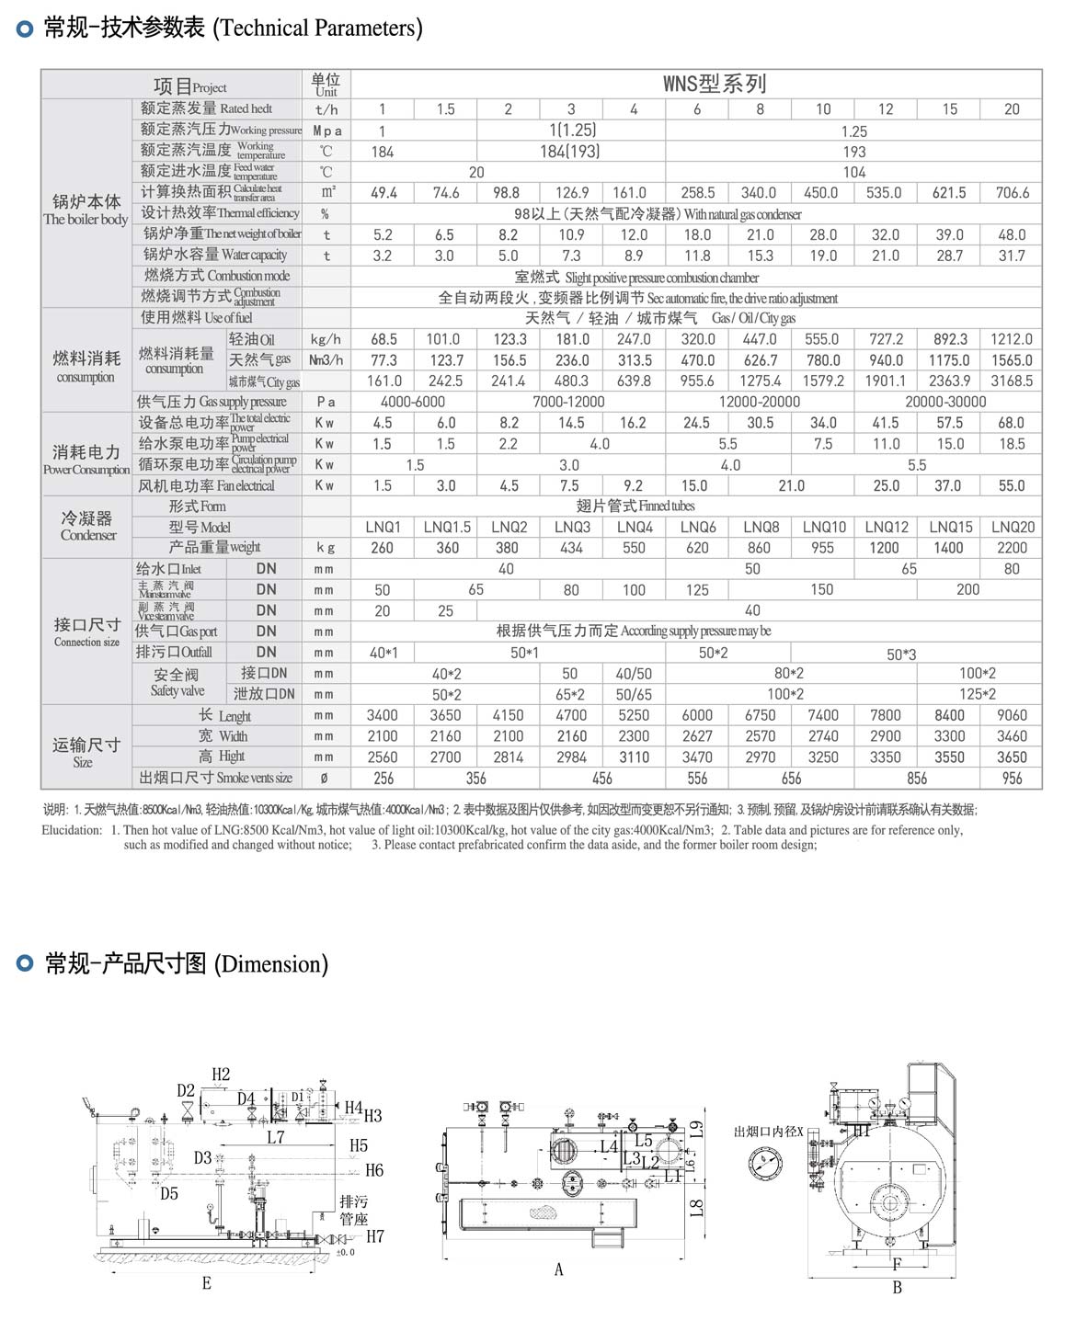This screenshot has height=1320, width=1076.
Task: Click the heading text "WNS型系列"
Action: click(715, 85)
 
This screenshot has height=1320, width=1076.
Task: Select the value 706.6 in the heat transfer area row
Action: click(1012, 193)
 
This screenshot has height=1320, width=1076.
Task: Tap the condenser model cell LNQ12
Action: click(886, 528)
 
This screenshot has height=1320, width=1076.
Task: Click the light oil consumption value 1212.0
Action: click(1011, 339)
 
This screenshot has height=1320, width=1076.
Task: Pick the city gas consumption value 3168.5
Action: click(1011, 381)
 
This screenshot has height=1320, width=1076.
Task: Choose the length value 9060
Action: click(1011, 715)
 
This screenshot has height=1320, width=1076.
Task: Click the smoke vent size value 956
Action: click(1012, 779)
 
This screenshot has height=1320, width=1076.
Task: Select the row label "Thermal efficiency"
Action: click(258, 213)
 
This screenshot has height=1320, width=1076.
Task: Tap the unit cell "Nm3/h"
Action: click(326, 360)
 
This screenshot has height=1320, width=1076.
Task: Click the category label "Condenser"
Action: click(88, 535)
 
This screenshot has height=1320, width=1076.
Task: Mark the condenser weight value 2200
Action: click(1011, 548)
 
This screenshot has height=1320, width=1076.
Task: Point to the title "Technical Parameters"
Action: click(317, 28)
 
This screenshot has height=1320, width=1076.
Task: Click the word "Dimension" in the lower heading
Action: click(270, 964)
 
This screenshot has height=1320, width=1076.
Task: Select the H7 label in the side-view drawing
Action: click(374, 1236)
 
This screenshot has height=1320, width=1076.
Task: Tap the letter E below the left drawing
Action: click(206, 1283)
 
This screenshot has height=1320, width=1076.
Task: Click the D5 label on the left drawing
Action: click(169, 1194)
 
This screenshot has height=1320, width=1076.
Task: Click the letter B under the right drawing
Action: click(897, 1288)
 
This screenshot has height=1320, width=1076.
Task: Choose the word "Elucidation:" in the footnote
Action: click(72, 830)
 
